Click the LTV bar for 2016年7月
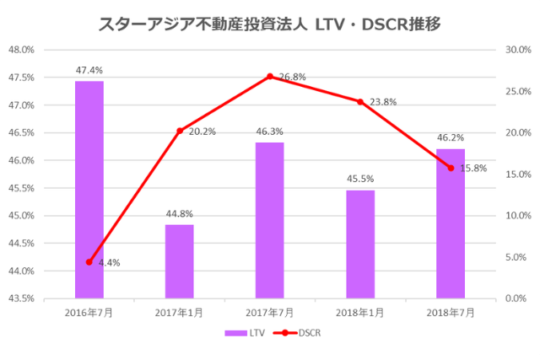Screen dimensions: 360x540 [x=89, y=190]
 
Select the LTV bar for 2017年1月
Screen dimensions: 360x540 [x=179, y=261]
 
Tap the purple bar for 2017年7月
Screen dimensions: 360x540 [x=269, y=220]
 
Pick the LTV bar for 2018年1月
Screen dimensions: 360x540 [x=360, y=244]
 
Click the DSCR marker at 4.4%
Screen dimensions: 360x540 [x=89, y=262]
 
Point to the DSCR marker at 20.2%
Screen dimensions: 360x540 [x=179, y=131]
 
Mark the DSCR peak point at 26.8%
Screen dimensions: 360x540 [x=270, y=77]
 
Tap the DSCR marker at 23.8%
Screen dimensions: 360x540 [x=360, y=101]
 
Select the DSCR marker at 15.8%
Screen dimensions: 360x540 [x=451, y=168]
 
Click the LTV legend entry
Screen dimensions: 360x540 [x=245, y=333]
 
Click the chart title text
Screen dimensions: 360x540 [x=269, y=24]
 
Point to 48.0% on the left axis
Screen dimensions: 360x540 [x=20, y=50]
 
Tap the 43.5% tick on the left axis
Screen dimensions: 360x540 [x=20, y=298]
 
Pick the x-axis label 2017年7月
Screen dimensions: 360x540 [x=269, y=313]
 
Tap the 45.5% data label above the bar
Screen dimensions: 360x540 [x=360, y=179]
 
